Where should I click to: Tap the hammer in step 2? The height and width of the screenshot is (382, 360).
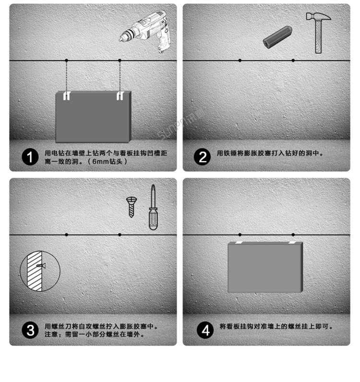[318, 31]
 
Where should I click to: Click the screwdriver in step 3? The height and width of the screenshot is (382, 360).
[153, 208]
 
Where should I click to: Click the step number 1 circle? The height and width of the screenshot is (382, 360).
[30, 158]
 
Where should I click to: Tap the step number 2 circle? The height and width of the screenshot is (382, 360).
[203, 158]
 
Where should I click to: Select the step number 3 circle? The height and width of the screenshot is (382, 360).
[30, 331]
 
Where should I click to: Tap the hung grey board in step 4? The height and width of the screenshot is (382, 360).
[265, 267]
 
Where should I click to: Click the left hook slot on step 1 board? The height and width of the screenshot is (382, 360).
[67, 96]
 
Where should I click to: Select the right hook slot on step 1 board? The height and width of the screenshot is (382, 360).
[120, 96]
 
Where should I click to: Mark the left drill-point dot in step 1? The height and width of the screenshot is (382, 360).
[67, 60]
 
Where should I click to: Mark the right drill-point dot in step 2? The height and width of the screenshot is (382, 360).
[293, 60]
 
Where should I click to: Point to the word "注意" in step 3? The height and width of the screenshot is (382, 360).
[51, 334]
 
